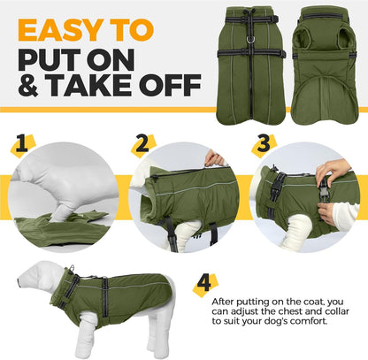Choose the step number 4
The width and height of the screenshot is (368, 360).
[203, 284]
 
